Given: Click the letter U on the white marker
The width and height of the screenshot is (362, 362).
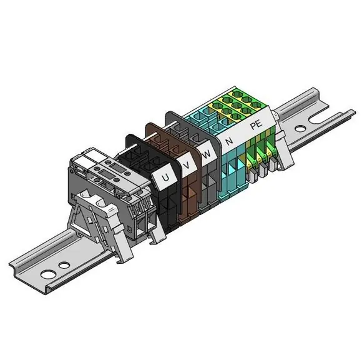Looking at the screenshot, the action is (165, 178).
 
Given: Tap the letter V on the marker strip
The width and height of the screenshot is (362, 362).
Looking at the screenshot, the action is (187, 165).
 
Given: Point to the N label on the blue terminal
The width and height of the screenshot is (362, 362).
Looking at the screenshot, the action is (230, 141).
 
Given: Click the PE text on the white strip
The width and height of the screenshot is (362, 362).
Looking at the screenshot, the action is (257, 124).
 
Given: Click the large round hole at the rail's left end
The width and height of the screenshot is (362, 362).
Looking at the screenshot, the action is (48, 274).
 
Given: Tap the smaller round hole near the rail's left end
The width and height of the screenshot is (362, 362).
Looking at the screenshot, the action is (64, 265).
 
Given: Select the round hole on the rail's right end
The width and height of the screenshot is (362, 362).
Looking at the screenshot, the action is (300, 128).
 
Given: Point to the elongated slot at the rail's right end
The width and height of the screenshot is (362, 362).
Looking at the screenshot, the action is (320, 119).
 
